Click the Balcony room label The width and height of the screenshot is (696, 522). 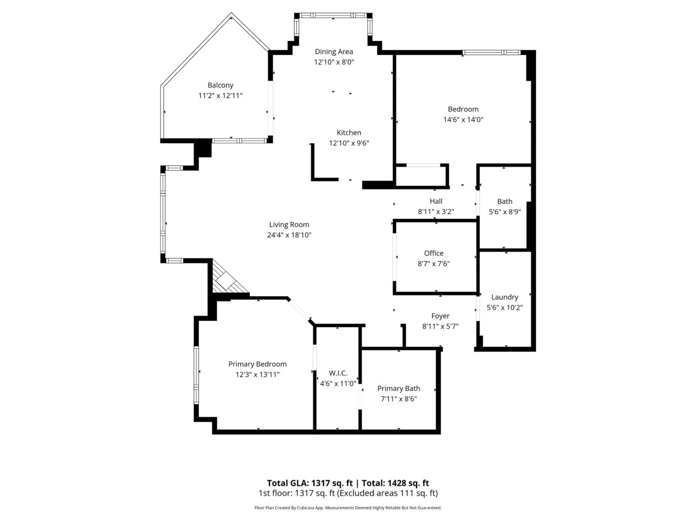[220, 85]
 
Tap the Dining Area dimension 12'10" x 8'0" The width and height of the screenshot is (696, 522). [334, 62]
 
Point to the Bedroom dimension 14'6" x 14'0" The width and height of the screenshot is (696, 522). [463, 120]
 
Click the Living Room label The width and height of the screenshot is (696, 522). [289, 225]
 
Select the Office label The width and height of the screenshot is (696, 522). [434, 253]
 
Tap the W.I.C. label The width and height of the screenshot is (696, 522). [338, 373]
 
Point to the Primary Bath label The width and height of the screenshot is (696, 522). [398, 389]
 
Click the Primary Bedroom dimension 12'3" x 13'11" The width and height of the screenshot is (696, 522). [257, 374]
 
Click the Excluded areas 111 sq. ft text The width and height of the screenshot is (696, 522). [388, 493]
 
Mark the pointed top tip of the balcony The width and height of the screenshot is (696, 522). [231, 14]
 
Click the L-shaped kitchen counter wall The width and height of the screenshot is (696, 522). [313, 170]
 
